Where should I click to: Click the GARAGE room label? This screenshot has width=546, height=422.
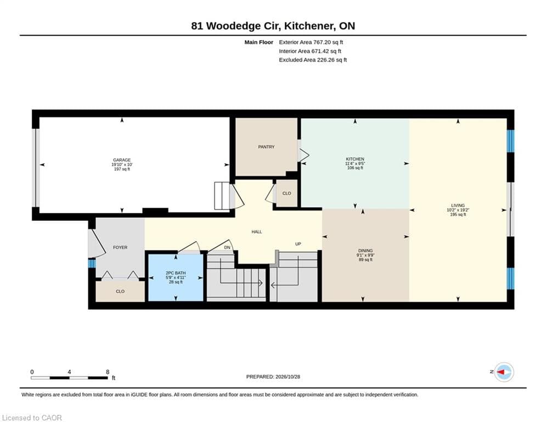(122, 160)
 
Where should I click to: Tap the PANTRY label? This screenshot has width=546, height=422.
(266, 147)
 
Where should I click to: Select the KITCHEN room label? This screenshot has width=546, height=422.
(355, 159)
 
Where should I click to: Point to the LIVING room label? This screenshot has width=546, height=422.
(458, 206)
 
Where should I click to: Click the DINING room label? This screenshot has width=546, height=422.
(365, 251)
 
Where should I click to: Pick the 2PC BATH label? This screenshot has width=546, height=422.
(176, 273)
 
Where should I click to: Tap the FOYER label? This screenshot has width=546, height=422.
(120, 247)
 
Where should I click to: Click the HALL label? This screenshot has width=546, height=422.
(257, 231)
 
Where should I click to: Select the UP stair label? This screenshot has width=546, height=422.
(298, 244)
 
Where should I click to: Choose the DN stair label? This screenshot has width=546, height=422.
(227, 247)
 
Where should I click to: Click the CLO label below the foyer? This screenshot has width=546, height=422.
(120, 291)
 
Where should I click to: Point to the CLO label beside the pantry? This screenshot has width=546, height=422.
(286, 193)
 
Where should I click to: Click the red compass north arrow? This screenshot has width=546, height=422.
(502, 372)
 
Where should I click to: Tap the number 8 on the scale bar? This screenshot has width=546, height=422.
(108, 372)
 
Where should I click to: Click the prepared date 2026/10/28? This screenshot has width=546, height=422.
(288, 376)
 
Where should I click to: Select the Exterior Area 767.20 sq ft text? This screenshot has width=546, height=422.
(311, 42)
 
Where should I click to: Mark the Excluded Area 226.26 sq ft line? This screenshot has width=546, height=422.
(313, 60)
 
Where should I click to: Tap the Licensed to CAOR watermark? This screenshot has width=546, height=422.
(32, 418)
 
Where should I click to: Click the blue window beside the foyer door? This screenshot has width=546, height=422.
(92, 263)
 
